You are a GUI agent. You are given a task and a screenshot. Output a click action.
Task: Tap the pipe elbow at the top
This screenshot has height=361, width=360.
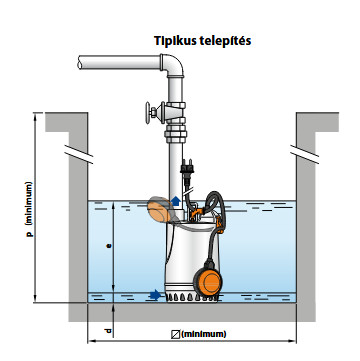pyautogui.click(x=173, y=65)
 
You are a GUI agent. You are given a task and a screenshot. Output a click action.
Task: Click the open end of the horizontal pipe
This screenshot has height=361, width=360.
pyautogui.click(x=80, y=62)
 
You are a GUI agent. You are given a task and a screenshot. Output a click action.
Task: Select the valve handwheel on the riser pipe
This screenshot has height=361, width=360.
pyautogui.click(x=148, y=112)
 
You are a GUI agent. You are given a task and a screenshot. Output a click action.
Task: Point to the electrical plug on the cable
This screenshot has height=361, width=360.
pyautogui.click(x=187, y=169)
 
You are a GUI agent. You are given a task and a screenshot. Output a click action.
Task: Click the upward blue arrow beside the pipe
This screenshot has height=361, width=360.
pyautogui.click(x=176, y=201)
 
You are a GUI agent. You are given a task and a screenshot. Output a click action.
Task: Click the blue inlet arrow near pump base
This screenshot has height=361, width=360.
pyautogui.click(x=155, y=295)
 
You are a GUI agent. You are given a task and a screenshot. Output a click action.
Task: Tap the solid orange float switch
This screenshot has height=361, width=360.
pyautogui.click(x=208, y=282)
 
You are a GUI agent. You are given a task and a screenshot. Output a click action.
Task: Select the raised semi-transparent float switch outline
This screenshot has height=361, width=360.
pyautogui.click(x=159, y=209)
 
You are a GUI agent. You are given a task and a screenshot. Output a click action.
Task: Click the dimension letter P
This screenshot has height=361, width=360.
pyautogui.click(x=30, y=234)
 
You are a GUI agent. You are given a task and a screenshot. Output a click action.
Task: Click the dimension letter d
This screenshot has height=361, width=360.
pyautogui.click(x=108, y=331)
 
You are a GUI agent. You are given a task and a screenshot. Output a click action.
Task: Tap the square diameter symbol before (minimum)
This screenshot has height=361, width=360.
pyautogui.click(x=175, y=334)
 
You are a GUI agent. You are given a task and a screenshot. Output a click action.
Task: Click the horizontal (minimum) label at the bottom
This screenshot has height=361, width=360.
pyautogui.click(x=204, y=334)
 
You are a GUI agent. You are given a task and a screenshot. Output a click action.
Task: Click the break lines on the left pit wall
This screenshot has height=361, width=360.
pyautogui.click(x=79, y=154)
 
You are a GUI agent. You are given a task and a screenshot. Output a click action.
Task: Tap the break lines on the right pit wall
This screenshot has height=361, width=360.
pyautogui.click(x=304, y=154)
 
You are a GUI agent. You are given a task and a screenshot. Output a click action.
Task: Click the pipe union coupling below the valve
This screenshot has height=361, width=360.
pyautogui.click(x=175, y=134)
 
